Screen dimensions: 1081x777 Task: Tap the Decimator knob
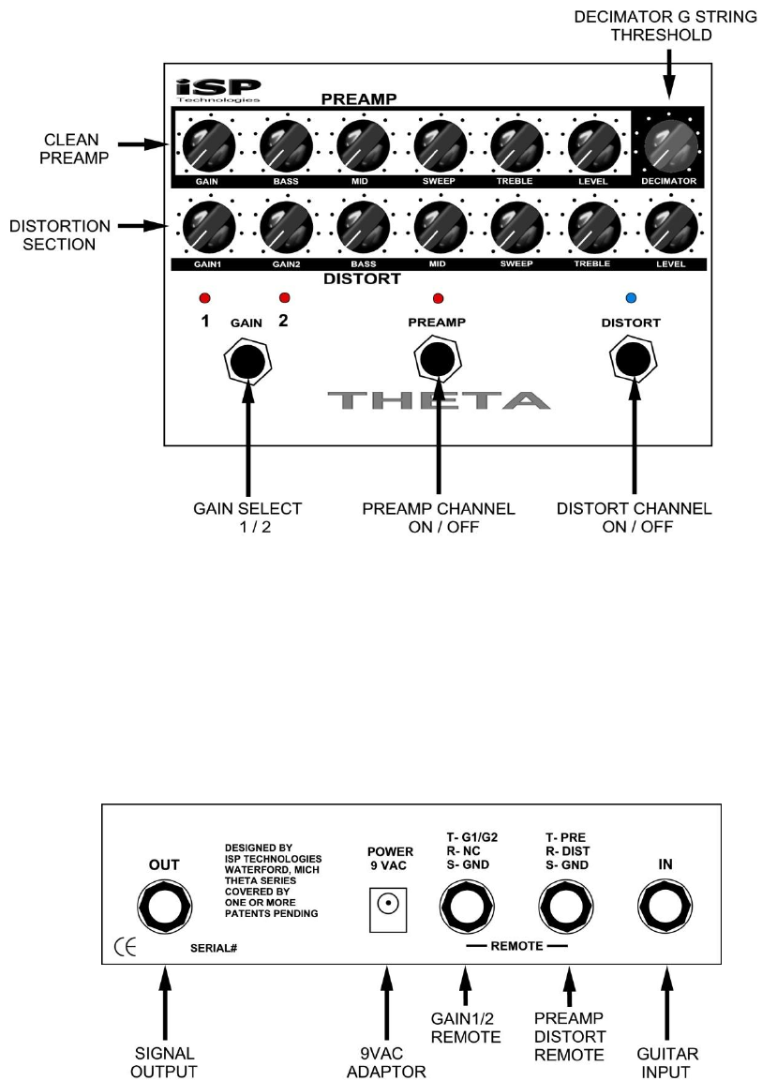669,144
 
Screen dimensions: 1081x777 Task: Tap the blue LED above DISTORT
631,299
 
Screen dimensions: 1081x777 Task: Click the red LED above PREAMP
438,299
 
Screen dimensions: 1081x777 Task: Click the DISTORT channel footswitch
631,359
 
